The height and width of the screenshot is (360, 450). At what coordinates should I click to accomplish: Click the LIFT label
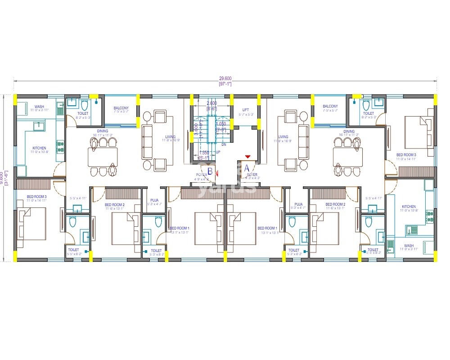[x=245, y=110]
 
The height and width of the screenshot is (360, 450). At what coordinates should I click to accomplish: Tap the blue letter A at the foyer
[x=246, y=168]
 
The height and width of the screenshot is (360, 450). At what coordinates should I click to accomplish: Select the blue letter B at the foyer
[x=210, y=171]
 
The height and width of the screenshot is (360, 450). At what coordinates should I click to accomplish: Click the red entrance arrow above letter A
[x=247, y=157]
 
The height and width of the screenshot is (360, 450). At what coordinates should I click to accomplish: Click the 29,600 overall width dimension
[x=225, y=78]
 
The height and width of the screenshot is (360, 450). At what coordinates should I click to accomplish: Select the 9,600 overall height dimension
[x=2, y=178]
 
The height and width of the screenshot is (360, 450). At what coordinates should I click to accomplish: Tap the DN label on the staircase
[x=224, y=144]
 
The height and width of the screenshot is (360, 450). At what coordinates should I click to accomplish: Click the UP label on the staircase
[x=218, y=153]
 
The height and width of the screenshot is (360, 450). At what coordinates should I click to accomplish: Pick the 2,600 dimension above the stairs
[x=211, y=103]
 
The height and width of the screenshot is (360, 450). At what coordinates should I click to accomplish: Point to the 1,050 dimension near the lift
[x=221, y=124]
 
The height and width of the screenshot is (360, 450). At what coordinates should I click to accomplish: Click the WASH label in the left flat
[x=39, y=107]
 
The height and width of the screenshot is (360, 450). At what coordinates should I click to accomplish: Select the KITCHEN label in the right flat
[x=409, y=207]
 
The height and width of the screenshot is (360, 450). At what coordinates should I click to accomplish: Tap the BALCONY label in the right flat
[x=330, y=107]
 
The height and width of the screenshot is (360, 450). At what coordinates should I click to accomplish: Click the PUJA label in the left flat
[x=154, y=200]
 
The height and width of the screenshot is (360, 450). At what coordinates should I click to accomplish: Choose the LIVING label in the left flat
[x=170, y=137]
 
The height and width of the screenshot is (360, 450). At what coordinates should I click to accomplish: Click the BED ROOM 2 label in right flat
[x=335, y=204]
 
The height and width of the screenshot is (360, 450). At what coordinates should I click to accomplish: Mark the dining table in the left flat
[x=103, y=157]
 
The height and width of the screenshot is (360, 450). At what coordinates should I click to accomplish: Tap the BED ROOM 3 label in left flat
[x=36, y=197]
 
